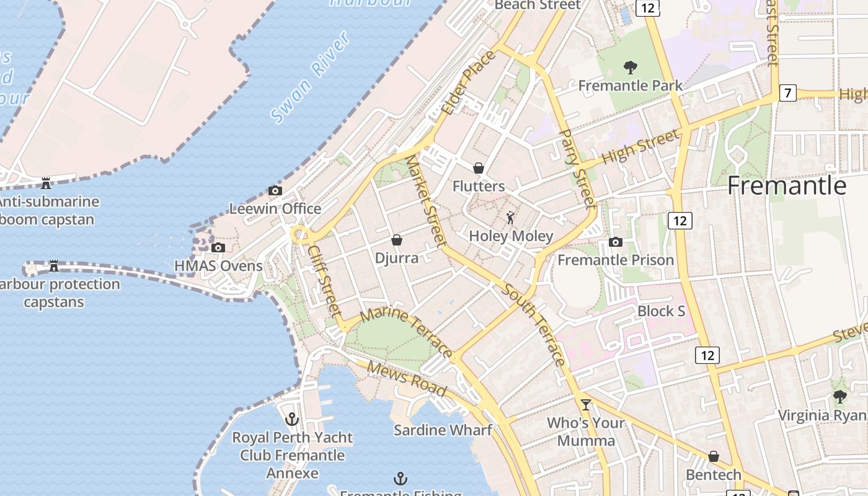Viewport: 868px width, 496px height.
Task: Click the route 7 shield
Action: click(x=787, y=94)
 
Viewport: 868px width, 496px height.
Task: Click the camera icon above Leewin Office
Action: click(x=275, y=190)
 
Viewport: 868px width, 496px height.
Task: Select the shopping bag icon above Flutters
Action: click(x=478, y=168)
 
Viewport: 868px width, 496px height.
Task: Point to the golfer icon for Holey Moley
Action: click(x=510, y=218)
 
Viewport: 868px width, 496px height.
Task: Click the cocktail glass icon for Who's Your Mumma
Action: click(x=585, y=405)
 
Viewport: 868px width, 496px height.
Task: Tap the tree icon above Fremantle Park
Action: click(x=630, y=67)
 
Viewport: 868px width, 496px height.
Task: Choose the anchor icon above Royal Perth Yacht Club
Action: click(x=292, y=419)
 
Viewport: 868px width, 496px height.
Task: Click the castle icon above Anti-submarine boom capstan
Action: click(x=45, y=183)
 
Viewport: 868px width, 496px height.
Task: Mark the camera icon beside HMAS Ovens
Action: click(x=218, y=247)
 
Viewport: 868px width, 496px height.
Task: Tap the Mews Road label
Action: click(x=406, y=378)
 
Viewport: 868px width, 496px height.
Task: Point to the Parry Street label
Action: click(x=577, y=168)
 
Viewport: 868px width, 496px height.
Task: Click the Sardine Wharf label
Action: click(x=443, y=430)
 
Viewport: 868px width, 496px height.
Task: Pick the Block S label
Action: click(x=661, y=311)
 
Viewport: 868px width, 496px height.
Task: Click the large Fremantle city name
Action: click(x=786, y=185)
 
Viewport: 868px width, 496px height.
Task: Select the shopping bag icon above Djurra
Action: click(x=397, y=240)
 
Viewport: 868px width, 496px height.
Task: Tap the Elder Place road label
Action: click(x=469, y=82)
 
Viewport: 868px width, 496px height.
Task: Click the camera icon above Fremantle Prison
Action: click(x=615, y=242)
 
